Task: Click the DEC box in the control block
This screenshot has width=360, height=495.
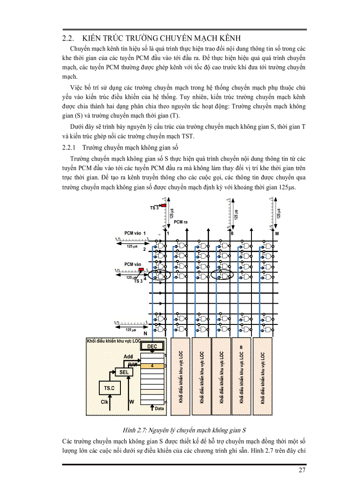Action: pos(152,346)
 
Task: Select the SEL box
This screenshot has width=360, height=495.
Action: pos(124,372)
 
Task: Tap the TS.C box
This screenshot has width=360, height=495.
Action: pos(109,388)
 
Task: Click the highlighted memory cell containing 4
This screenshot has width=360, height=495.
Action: pos(151,365)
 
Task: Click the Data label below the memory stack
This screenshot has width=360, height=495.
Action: pos(159,409)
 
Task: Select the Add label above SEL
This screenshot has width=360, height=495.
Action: pos(128,357)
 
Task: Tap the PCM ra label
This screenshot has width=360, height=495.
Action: pos(181,222)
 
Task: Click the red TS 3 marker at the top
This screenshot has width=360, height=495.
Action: pos(163,205)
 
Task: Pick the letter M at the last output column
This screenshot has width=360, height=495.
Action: pos(277,233)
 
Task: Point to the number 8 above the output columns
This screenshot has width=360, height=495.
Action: pos(232,233)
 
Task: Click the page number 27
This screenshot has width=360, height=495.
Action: pos(302,470)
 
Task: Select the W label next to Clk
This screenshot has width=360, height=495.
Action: pos(131,402)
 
